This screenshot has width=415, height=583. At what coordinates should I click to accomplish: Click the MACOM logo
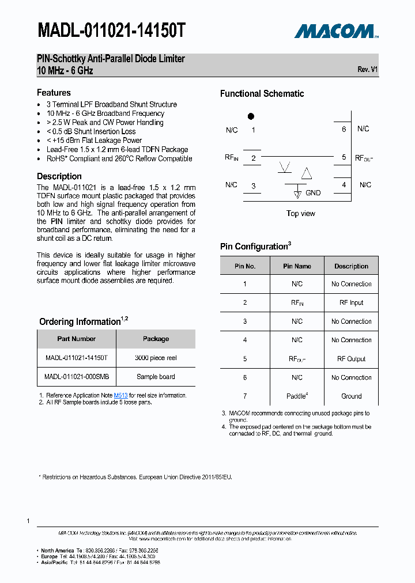coord(336,31)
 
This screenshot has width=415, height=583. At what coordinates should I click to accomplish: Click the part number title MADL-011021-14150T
coord(111,31)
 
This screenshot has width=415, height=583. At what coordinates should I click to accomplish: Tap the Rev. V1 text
coord(367,69)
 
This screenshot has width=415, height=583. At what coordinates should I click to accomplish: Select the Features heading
coord(54,93)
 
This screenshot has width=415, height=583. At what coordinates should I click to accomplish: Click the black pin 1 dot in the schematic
coord(251,116)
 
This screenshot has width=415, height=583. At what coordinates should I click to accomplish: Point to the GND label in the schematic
coord(313,193)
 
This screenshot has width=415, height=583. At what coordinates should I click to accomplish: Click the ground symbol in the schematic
coord(297,194)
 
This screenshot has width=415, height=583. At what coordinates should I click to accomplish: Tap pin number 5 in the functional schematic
coord(344,157)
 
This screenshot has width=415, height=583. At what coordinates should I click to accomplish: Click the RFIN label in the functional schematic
coord(232,157)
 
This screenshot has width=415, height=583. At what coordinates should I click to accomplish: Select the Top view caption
coord(300,214)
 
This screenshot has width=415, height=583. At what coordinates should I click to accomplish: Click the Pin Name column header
coord(297,266)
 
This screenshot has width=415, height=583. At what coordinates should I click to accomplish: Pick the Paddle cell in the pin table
coord(297,396)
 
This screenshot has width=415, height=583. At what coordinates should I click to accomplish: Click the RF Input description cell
coord(351,302)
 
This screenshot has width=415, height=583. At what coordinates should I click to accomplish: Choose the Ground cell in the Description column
coord(351,396)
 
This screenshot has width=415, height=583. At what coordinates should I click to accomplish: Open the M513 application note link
coord(120,396)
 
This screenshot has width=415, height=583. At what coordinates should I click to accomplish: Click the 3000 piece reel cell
coord(156,358)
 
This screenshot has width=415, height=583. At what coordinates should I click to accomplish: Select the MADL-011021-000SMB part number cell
coord(76,377)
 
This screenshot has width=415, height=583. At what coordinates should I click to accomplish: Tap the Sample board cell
coord(156,377)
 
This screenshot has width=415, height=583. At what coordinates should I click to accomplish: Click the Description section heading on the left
coord(59,176)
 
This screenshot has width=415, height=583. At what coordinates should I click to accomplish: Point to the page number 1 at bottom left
coord(28,521)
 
